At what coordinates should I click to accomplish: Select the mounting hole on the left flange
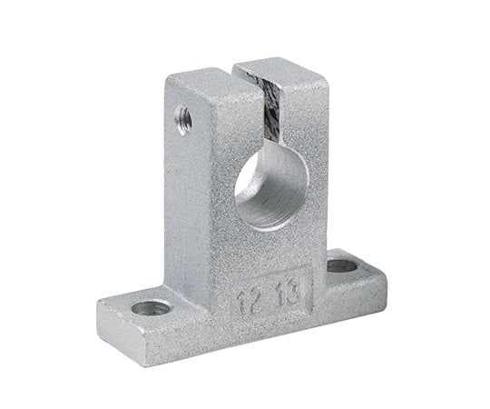151,307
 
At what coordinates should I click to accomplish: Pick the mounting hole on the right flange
342,265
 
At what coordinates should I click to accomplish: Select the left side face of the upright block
177,182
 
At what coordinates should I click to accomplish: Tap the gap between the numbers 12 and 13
270,297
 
